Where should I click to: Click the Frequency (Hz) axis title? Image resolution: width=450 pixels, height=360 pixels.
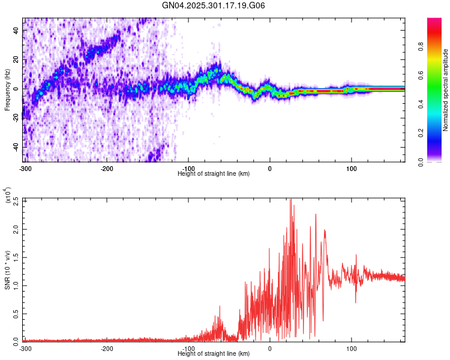[7, 89]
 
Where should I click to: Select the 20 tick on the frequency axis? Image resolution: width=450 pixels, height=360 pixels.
[16, 59]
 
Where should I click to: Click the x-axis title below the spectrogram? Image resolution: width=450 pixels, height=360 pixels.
[214, 173]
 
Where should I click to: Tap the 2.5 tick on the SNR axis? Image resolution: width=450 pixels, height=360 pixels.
[16, 200]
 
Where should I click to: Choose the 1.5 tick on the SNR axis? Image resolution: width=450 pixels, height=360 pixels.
[16, 257]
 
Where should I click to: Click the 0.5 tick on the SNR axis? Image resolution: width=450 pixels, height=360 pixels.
[16, 313]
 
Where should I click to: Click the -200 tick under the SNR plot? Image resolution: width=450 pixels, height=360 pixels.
[107, 348]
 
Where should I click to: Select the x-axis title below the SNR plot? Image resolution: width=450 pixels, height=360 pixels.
[214, 354]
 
